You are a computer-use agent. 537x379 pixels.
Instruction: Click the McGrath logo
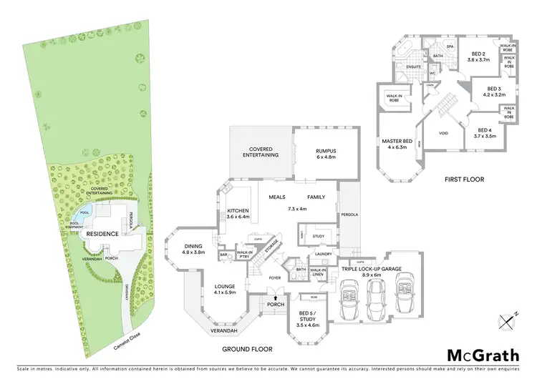484,355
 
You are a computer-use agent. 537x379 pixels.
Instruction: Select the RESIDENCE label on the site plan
102,234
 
